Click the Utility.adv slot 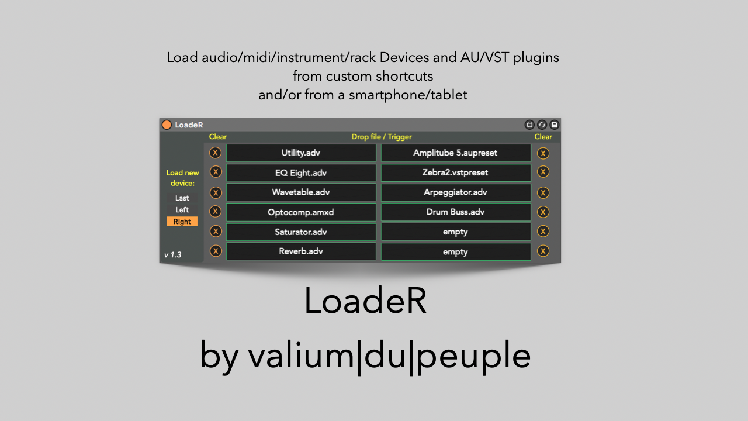click(301, 153)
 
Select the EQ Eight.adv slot click(301, 173)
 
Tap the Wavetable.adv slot click(301, 192)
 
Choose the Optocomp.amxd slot click(301, 212)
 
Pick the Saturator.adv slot click(301, 232)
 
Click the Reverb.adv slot click(301, 251)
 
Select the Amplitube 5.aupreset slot click(455, 153)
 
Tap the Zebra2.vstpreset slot click(455, 173)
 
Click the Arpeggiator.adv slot click(455, 192)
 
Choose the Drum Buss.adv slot click(455, 212)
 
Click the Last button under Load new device click(182, 198)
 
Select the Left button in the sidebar click(182, 210)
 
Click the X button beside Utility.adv click(216, 153)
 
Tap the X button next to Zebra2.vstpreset click(543, 172)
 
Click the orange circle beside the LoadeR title click(167, 125)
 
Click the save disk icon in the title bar click(555, 125)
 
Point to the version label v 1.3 click(172, 255)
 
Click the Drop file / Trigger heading click(382, 137)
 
